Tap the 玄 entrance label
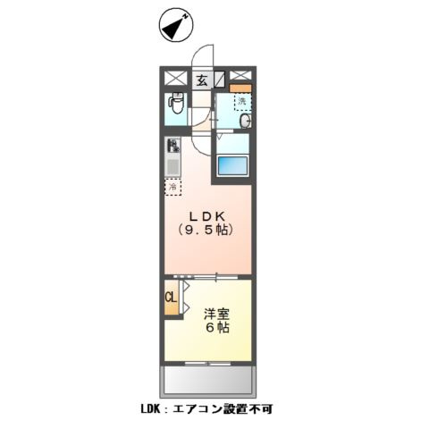(202, 80)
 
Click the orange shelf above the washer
(240, 88)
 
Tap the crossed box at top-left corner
(173, 78)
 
